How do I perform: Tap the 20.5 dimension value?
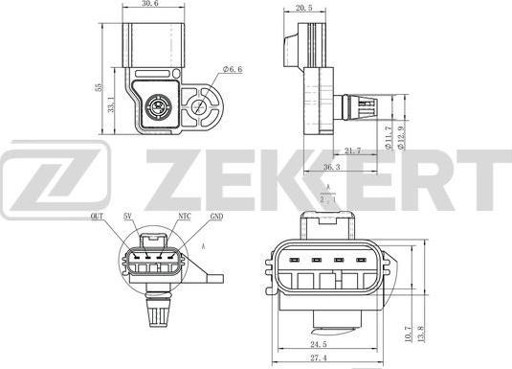pos(304,9)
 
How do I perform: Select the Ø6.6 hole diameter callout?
pos(233,69)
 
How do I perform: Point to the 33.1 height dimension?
pos(111,104)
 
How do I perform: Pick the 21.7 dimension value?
pos(353,150)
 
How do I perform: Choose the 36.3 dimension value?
pos(332,167)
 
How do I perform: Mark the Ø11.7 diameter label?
pos(388,138)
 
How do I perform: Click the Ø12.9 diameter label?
pos(401,138)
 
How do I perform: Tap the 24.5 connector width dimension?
pos(319,344)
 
